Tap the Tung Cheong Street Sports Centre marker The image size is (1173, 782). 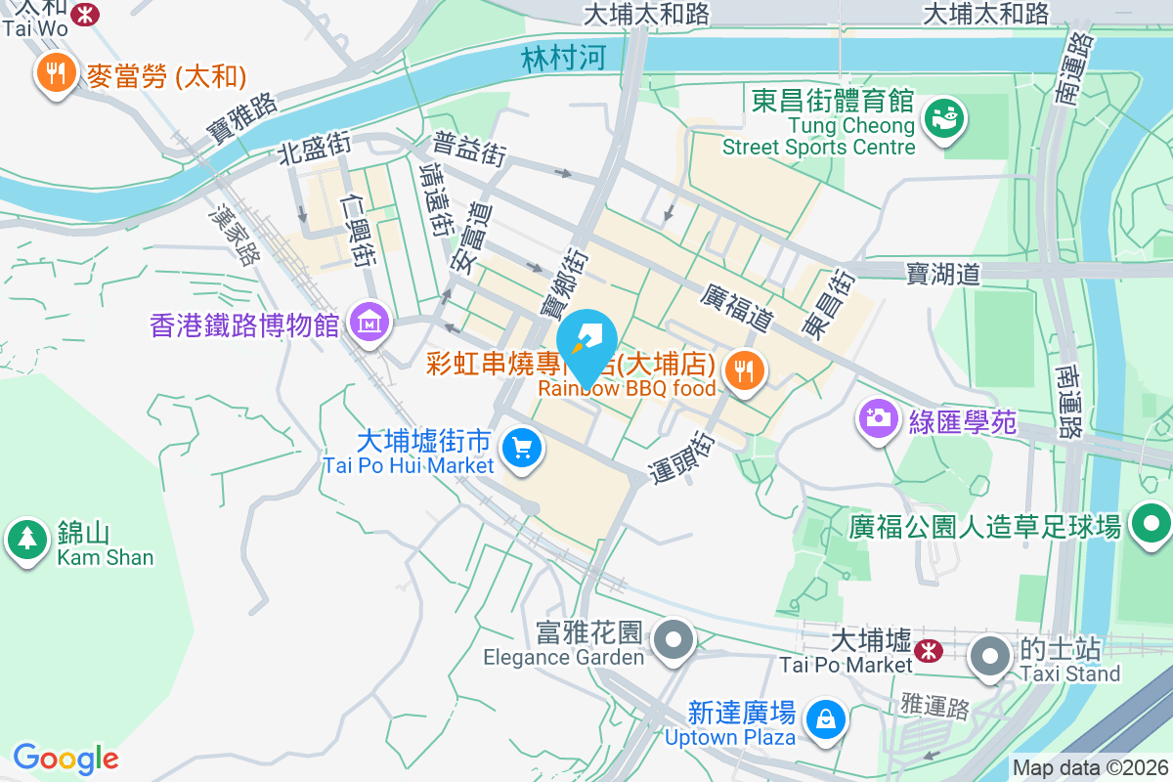944,118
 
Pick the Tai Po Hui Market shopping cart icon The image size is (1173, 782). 521,449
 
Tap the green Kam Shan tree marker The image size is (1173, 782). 27,539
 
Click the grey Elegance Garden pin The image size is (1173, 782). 673,640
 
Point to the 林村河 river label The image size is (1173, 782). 563,59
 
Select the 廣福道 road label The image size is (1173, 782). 738,307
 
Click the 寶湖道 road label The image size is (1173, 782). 942,273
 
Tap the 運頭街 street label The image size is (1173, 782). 694,455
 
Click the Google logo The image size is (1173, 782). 65,758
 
